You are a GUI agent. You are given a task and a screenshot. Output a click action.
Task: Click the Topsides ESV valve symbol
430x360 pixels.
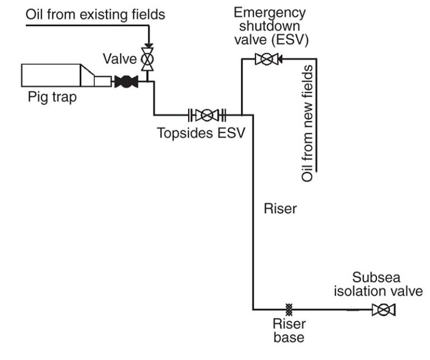[x=207, y=114]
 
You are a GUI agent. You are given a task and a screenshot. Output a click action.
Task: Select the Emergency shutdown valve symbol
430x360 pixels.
[x=265, y=59]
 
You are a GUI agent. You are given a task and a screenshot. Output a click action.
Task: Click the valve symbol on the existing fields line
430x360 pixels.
[x=147, y=58]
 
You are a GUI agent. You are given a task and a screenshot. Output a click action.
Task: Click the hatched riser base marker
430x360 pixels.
[x=289, y=309]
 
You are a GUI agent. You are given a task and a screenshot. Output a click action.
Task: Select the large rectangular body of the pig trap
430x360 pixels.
[x=51, y=75]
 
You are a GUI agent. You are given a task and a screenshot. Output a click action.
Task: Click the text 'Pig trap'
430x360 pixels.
[x=53, y=98]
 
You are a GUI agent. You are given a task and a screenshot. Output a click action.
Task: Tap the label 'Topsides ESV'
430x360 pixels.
[x=200, y=132]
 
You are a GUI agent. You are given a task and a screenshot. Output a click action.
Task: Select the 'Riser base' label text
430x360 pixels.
[x=289, y=330]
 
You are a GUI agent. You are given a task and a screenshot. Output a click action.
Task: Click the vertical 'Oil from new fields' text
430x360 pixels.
[x=307, y=124]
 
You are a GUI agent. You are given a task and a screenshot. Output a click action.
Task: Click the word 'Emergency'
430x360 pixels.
[x=270, y=12]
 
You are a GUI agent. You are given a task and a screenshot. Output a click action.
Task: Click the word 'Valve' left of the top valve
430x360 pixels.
[x=120, y=58]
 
